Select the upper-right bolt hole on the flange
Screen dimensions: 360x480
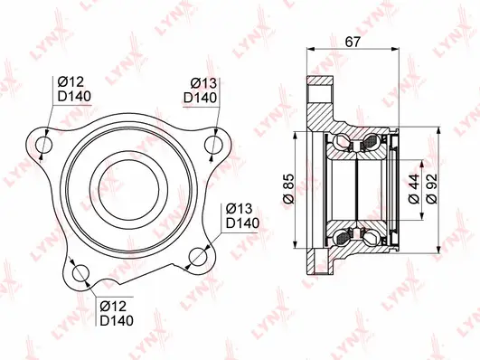212,143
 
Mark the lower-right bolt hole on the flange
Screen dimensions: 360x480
196,258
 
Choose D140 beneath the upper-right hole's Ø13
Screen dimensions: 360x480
202,97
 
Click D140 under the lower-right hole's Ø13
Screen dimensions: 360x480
242,223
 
